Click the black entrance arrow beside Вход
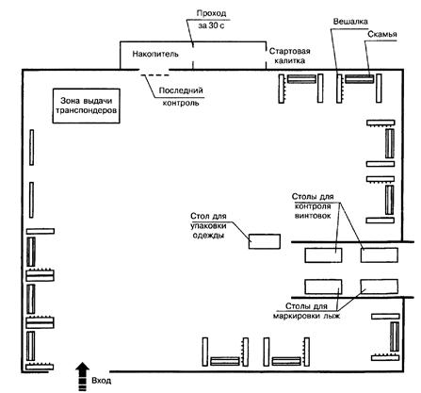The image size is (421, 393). [x=83, y=376]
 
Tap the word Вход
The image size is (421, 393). [x=101, y=381]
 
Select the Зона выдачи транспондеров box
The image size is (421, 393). [x=86, y=106]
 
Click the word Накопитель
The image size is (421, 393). [x=155, y=54]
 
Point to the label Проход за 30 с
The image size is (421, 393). [x=211, y=20]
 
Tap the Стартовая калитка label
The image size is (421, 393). [x=290, y=56]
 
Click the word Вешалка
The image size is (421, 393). [x=350, y=22]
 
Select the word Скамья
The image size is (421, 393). [x=382, y=34]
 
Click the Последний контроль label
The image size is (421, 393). [x=181, y=96]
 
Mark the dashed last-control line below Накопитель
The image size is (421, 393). [x=154, y=75]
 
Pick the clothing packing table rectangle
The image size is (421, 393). [x=265, y=241]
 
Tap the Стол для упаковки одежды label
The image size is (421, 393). [x=208, y=225]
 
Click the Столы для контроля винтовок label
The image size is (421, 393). [x=313, y=206]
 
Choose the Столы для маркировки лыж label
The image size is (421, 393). [x=306, y=311]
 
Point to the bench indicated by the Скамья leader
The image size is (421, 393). [x=359, y=78]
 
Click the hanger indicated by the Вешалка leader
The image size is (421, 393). [x=339, y=89]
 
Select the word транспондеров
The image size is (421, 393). [x=86, y=110]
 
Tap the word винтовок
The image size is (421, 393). [x=313, y=216]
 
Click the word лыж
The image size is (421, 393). [x=332, y=316]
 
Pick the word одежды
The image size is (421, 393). [x=208, y=236]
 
